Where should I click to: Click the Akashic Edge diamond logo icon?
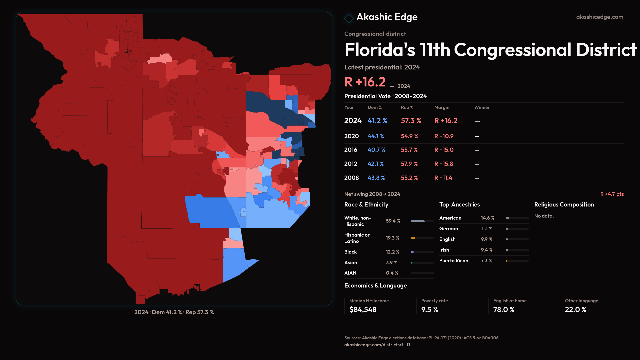[349, 18]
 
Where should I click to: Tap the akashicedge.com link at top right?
[599, 17]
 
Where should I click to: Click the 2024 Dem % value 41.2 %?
[377, 121]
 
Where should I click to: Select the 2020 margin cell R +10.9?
[444, 136]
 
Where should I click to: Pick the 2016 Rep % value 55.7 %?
[409, 150]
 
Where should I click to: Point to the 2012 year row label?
[350, 164]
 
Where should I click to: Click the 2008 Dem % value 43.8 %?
[376, 178]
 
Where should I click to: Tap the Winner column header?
[482, 107]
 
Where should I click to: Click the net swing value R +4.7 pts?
[612, 194]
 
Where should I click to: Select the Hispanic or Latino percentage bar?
[422, 238]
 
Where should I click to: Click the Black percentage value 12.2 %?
[392, 252]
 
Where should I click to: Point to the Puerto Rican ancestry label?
[453, 261]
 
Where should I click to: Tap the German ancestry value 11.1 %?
[486, 229]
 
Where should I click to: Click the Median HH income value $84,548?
[363, 310]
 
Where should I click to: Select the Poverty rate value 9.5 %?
[429, 310]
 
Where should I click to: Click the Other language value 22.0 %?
[575, 310]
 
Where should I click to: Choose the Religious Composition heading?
[564, 205]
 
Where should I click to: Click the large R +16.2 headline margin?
[365, 82]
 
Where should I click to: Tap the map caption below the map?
[174, 312]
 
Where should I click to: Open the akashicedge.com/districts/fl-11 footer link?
[377, 345]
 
